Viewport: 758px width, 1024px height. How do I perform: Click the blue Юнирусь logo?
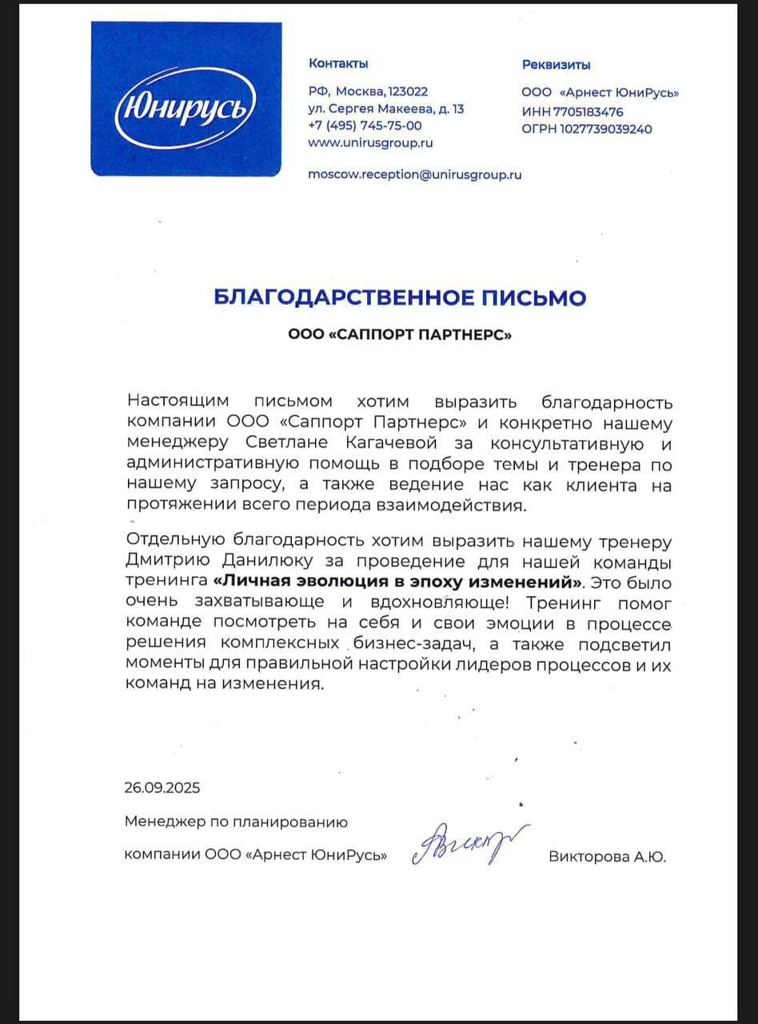pyautogui.click(x=185, y=99)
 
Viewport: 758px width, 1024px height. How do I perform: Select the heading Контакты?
pyautogui.click(x=338, y=63)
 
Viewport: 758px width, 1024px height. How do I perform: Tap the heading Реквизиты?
pyautogui.click(x=557, y=65)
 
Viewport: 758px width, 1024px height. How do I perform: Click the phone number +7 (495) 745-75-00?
pyautogui.click(x=365, y=126)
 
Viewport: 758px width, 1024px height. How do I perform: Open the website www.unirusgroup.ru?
pyautogui.click(x=370, y=143)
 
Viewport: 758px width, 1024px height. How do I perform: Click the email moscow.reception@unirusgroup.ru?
pyautogui.click(x=414, y=174)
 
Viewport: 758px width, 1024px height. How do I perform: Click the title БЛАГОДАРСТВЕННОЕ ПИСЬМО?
pyautogui.click(x=400, y=298)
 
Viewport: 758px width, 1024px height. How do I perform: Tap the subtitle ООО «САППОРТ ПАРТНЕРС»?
pyautogui.click(x=400, y=336)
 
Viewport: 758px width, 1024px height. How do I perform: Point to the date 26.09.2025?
pyautogui.click(x=162, y=787)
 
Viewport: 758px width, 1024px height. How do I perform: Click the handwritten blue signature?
pyautogui.click(x=469, y=844)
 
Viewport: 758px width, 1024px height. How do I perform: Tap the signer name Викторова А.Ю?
pyautogui.click(x=607, y=857)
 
